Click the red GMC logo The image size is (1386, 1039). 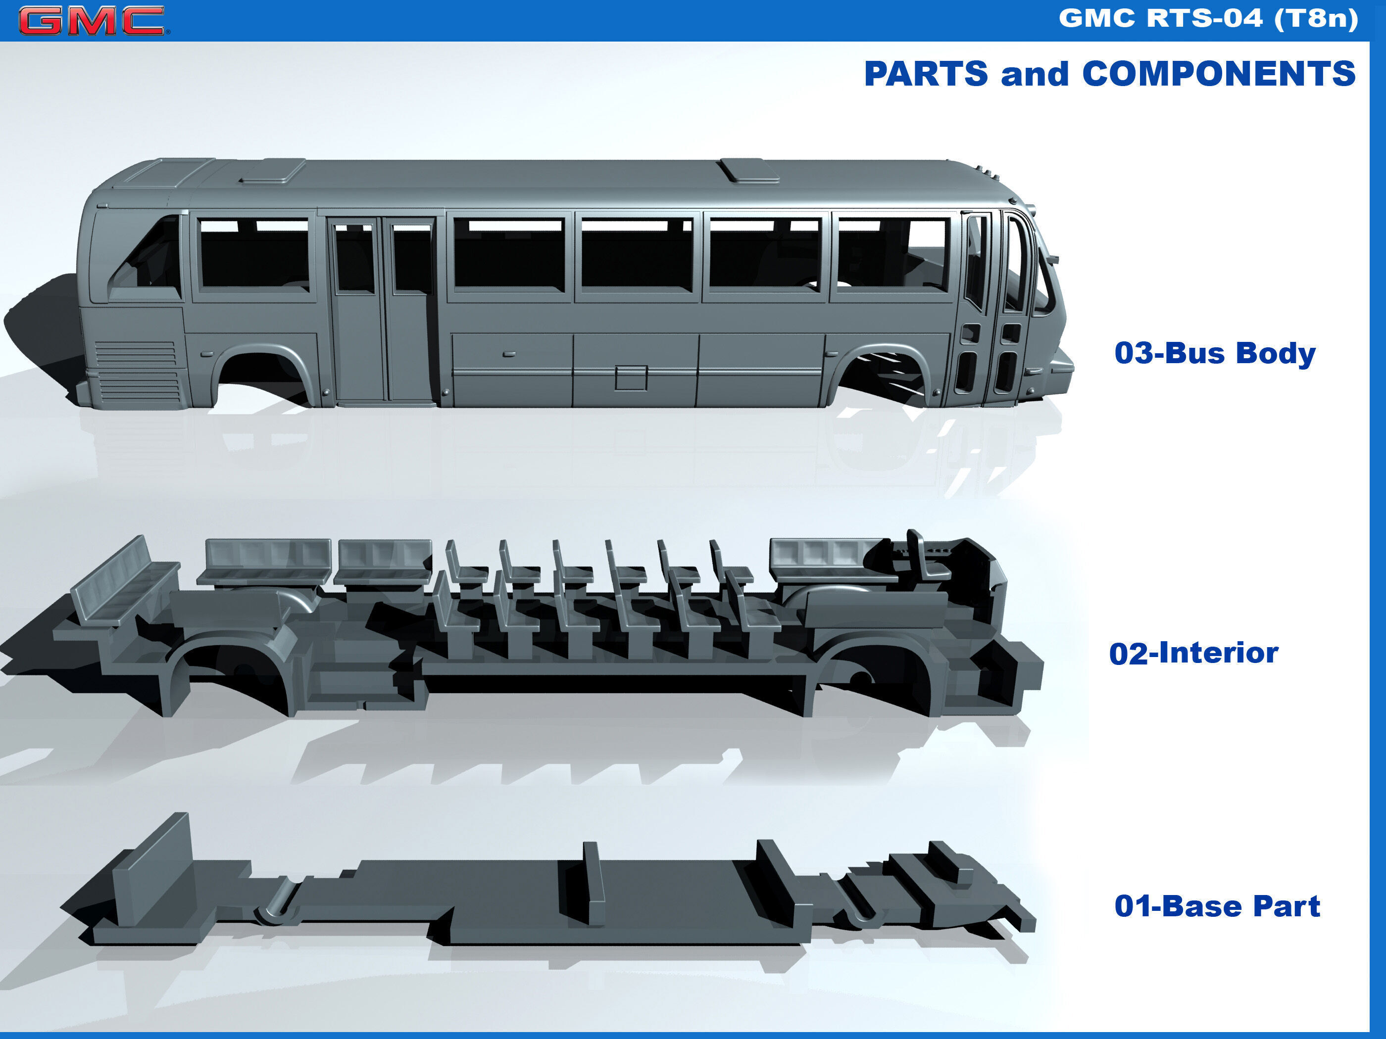92,20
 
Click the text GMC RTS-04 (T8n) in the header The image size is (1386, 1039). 1208,18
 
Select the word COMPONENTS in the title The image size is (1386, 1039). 1219,74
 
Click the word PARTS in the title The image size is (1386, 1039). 926,74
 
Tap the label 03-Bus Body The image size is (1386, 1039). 1214,353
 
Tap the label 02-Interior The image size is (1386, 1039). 1193,653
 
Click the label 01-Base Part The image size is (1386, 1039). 1217,906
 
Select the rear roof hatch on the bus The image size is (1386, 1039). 273,172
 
